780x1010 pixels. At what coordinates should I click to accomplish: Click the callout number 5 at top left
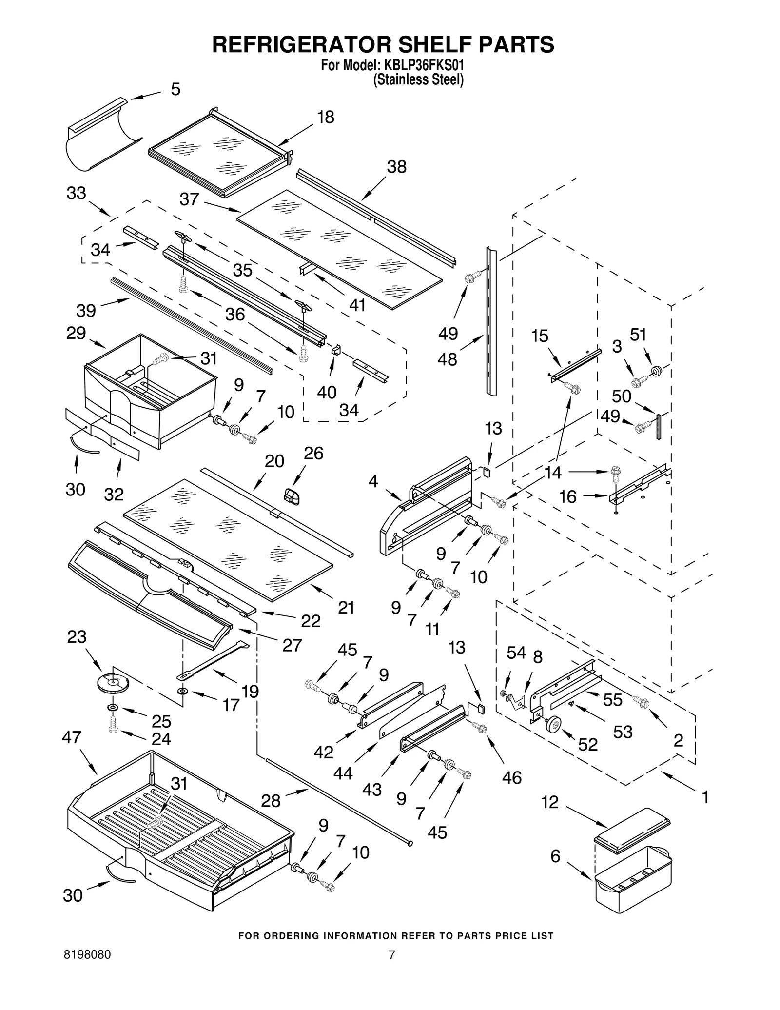pyautogui.click(x=175, y=89)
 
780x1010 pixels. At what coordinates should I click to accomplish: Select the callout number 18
pyautogui.click(x=326, y=117)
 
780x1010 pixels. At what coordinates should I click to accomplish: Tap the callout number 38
pyautogui.click(x=396, y=167)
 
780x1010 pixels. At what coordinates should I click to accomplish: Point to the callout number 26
pyautogui.click(x=313, y=453)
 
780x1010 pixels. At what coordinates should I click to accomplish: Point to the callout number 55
pyautogui.click(x=612, y=700)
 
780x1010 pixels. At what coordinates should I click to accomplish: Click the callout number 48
pyautogui.click(x=448, y=359)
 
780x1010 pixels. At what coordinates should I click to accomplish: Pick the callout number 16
pyautogui.click(x=568, y=497)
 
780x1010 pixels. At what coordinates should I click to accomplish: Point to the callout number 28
pyautogui.click(x=271, y=800)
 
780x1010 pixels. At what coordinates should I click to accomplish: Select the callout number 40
pyautogui.click(x=326, y=392)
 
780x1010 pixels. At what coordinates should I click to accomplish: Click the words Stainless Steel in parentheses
pyautogui.click(x=418, y=80)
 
